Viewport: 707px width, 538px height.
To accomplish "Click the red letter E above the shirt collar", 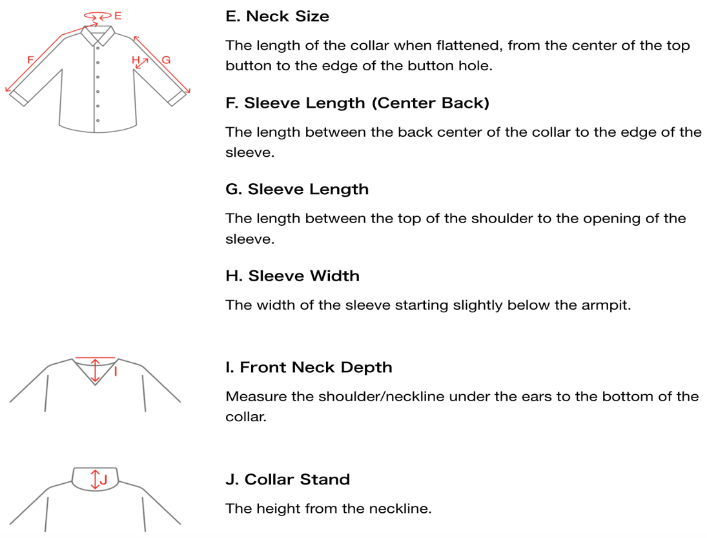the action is click(118, 15).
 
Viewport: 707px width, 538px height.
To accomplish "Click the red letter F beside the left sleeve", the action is click(30, 59).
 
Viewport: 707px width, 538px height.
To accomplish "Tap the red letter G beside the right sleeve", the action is click(166, 59).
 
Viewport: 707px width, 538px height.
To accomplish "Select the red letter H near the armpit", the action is click(136, 59).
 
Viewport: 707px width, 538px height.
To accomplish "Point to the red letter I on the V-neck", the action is click(116, 372).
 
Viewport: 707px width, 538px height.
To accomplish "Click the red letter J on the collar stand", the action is click(104, 479).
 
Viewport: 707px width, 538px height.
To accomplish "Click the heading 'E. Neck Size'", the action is click(277, 16).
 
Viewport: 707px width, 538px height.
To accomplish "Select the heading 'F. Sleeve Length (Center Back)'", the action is click(357, 103).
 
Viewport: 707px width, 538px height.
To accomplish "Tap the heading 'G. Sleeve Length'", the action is click(297, 189).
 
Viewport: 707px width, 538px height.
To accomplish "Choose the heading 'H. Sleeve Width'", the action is click(292, 275).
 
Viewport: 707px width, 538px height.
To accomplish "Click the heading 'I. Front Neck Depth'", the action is click(309, 367).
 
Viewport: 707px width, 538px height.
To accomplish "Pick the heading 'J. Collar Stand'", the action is click(288, 479).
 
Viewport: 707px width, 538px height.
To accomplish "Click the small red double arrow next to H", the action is click(142, 63).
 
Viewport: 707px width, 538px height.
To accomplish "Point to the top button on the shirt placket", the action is click(98, 48).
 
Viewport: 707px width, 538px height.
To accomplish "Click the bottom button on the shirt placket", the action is click(98, 121).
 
